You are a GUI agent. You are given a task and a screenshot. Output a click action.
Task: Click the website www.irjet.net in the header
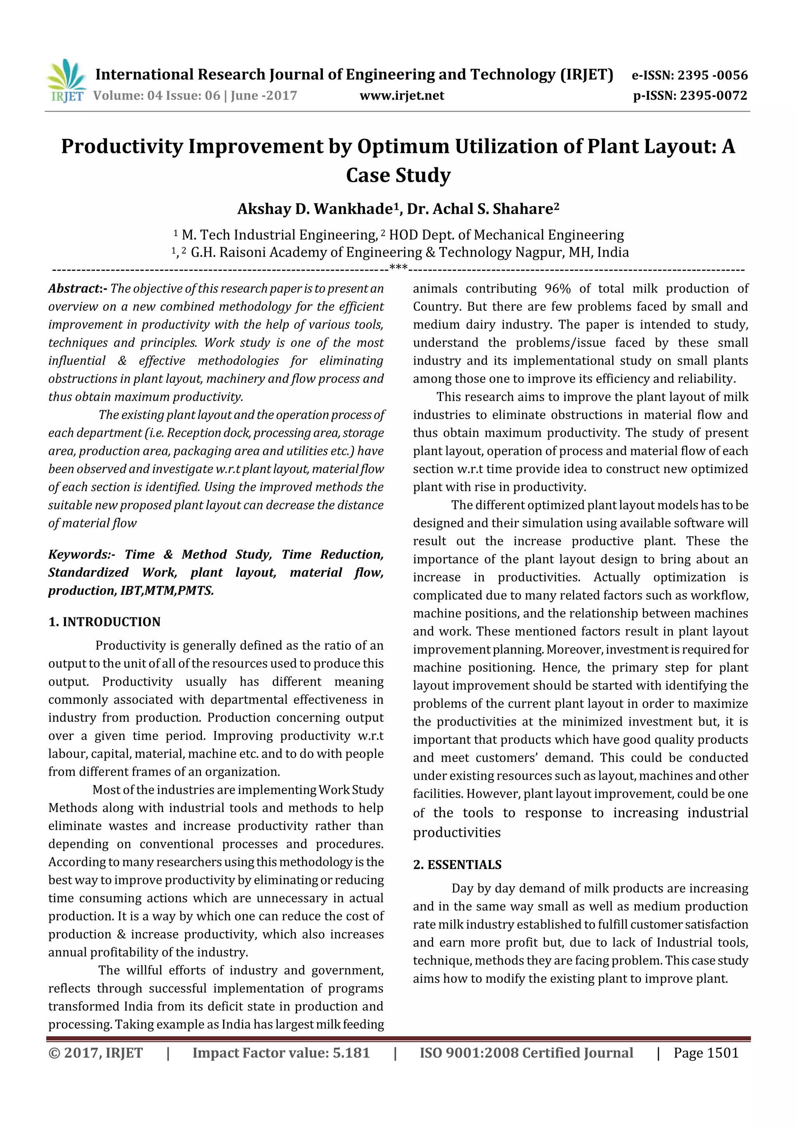coord(402,96)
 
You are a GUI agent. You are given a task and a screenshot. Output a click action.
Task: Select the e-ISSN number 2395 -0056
coord(712,75)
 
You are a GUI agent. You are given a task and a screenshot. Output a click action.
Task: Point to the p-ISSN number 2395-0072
coord(713,96)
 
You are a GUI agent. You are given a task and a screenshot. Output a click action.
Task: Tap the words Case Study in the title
coord(398,175)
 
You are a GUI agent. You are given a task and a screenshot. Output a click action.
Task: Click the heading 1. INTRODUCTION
coord(105,622)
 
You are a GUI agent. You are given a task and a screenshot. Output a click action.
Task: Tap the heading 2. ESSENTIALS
coord(457,865)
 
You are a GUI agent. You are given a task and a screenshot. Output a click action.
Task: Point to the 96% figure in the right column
coord(557,289)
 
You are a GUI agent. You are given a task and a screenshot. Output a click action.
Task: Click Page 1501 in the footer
coord(706,1053)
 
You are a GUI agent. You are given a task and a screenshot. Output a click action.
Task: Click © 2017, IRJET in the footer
coord(96,1053)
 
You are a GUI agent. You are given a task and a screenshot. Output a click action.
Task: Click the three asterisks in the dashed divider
coord(398,268)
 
